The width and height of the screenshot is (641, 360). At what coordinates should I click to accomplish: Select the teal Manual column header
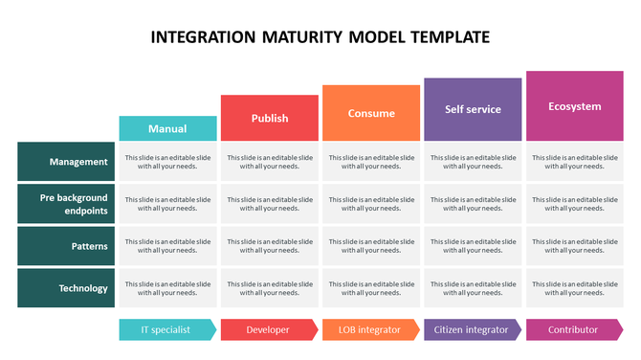point(167,128)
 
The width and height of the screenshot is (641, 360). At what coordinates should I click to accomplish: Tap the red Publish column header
point(270,118)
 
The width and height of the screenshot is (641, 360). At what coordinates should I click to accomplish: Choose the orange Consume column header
point(371,113)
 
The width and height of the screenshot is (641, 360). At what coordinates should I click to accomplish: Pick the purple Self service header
point(473,109)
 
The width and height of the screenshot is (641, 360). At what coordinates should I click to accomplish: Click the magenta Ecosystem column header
point(574,106)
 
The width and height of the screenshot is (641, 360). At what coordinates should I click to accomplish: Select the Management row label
point(66,162)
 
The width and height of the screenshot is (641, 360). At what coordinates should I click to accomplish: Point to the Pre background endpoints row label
point(66,204)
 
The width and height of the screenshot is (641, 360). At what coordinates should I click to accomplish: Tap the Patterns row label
point(66,246)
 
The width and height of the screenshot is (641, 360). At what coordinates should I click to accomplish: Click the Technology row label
point(66,288)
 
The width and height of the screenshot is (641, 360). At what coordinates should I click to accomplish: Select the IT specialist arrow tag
point(166,329)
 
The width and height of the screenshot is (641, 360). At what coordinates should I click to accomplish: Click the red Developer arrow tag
point(269,329)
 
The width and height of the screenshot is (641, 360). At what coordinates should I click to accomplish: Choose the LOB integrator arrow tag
point(370,329)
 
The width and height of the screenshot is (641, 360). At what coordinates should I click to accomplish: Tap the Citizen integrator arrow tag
point(472,329)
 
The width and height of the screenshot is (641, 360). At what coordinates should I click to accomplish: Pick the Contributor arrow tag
point(573,329)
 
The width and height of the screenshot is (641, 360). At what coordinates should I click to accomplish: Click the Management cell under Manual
point(167,162)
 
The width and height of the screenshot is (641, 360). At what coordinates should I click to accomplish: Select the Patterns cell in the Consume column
point(371,246)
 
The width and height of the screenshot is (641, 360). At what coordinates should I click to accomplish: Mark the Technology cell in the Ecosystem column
point(574,288)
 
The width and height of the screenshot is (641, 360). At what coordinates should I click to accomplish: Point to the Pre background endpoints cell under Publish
point(270,204)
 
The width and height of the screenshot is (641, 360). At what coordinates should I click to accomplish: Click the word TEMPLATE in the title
point(442,38)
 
